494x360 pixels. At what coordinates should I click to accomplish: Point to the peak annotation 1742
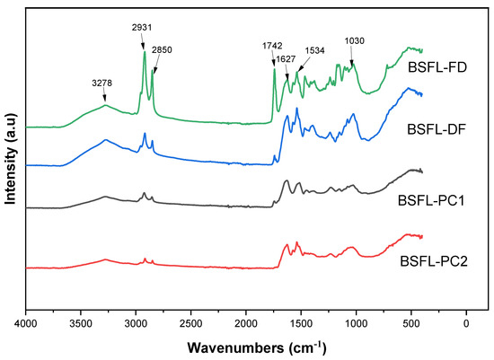(x=271, y=43)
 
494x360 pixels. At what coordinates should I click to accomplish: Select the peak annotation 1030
(x=356, y=40)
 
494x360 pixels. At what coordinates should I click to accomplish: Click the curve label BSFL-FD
(x=435, y=66)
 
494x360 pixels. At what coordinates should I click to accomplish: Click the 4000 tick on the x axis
(x=26, y=321)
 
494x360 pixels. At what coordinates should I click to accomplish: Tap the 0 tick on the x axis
(x=466, y=321)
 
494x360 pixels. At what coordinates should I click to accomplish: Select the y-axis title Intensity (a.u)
(x=11, y=157)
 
